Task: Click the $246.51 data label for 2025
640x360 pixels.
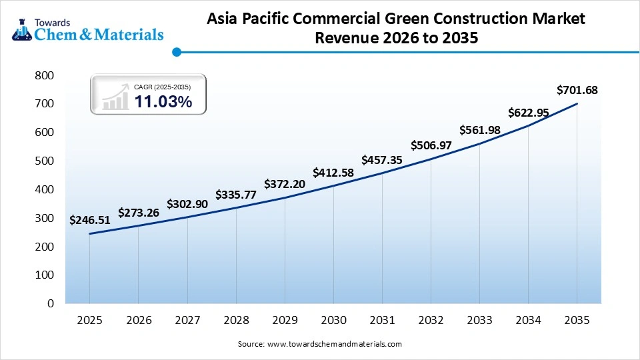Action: pos(89,220)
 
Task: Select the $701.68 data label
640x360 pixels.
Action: pos(577,90)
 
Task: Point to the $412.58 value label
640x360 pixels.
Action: pos(333,173)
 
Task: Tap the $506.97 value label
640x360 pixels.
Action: pos(431,145)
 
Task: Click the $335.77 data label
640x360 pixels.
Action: pos(236,195)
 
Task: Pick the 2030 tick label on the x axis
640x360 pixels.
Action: pos(333,321)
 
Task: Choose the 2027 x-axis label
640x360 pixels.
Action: pos(187,321)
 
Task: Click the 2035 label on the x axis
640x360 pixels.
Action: pos(577,321)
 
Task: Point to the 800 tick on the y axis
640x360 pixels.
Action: pos(44,75)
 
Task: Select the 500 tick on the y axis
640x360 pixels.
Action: pos(44,161)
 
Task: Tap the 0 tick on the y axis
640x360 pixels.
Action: pos(50,303)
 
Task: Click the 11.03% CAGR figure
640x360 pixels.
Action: pos(163,102)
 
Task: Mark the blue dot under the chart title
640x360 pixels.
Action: pos(176,51)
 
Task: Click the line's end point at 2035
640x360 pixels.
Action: pos(577,103)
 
